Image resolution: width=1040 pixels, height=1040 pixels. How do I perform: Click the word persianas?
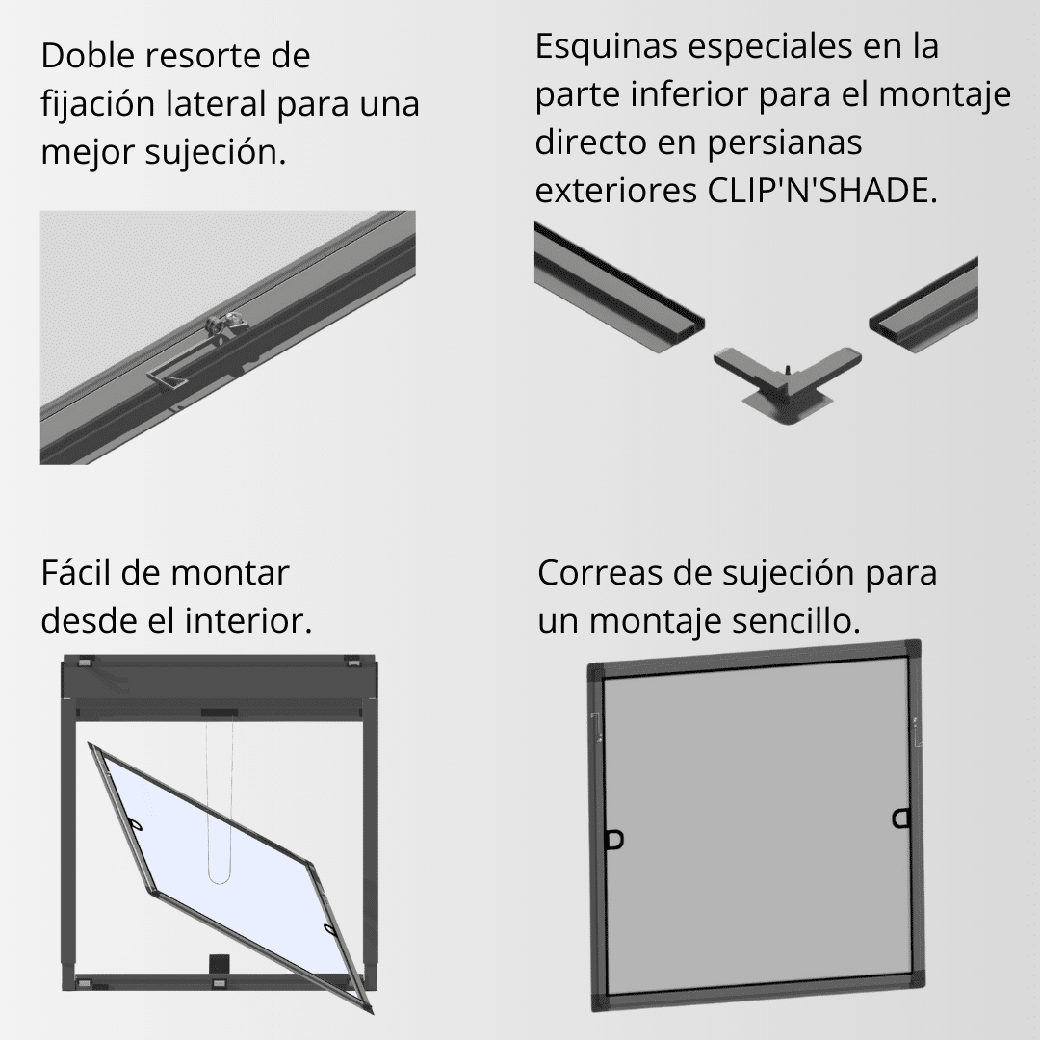(x=784, y=143)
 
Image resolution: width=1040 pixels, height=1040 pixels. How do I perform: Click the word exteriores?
(x=612, y=190)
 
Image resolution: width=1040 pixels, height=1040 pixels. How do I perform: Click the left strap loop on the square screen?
(x=613, y=840)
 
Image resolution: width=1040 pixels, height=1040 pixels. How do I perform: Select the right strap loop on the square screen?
(x=899, y=819)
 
